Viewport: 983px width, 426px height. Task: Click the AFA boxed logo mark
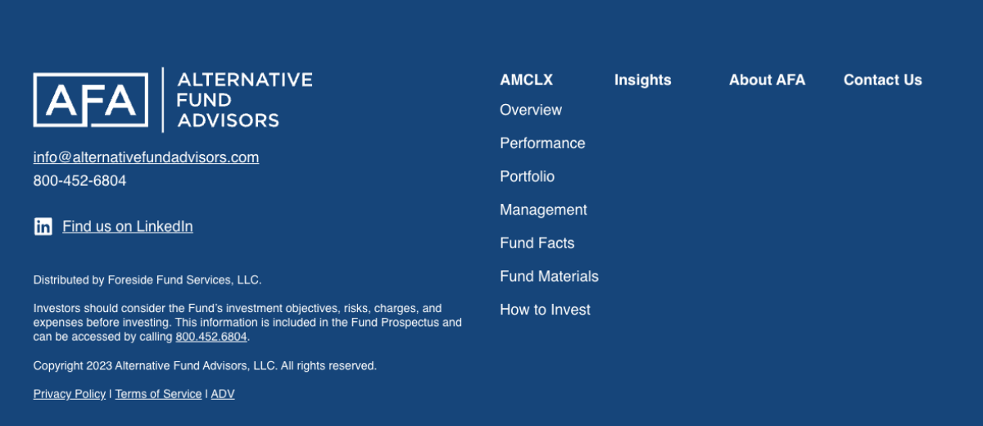click(90, 100)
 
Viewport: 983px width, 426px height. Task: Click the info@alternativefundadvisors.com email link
click(146, 157)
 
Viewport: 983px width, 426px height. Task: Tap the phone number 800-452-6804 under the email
click(79, 180)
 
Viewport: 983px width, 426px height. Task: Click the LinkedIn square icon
click(43, 226)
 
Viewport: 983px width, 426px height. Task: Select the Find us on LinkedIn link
click(128, 226)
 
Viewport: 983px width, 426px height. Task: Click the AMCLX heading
click(526, 79)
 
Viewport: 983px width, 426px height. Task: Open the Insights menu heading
click(642, 79)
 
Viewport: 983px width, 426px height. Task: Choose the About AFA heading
click(767, 79)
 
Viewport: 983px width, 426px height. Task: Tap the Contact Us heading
click(882, 79)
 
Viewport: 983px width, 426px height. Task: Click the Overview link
click(531, 110)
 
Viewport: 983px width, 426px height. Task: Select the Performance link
click(542, 143)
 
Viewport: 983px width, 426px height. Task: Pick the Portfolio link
click(527, 176)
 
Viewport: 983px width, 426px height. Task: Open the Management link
click(543, 210)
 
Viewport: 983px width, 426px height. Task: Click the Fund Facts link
click(537, 243)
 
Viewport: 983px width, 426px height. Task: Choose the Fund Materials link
click(549, 276)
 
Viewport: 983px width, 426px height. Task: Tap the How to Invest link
click(545, 310)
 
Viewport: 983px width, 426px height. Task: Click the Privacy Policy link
click(70, 394)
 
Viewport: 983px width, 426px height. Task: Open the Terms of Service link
click(158, 394)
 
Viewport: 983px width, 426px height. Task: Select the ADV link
click(223, 394)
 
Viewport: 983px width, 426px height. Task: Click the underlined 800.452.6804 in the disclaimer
click(211, 337)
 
